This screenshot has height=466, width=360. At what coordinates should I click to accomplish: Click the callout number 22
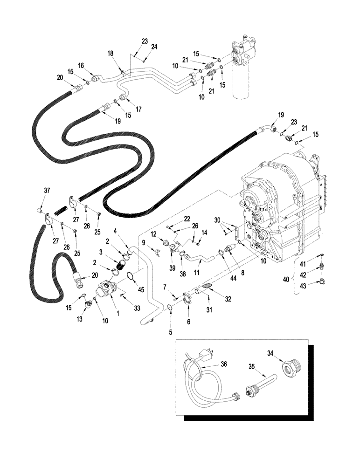(174, 219)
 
